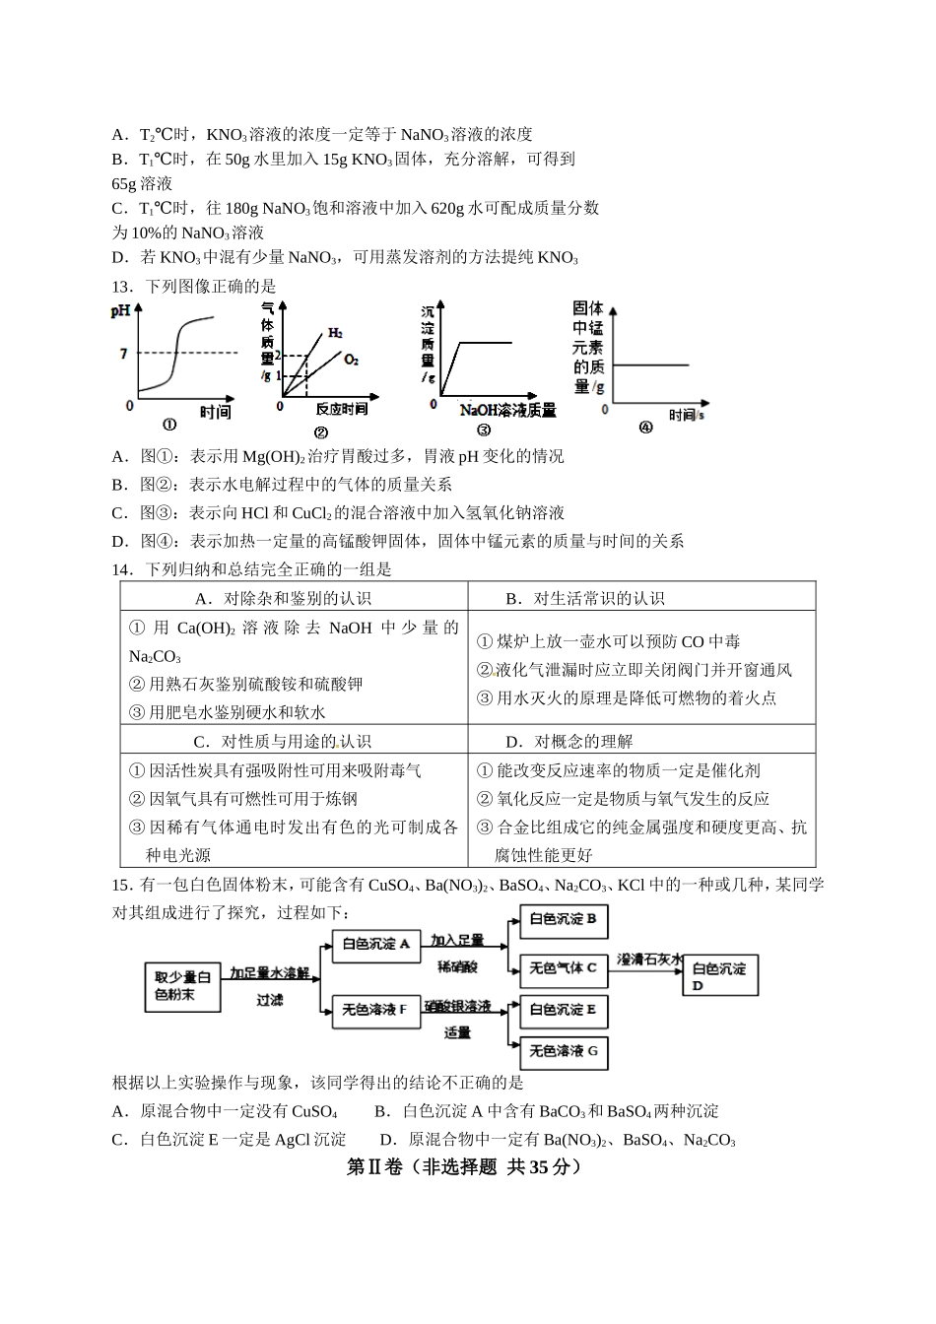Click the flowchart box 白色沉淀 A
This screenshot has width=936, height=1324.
tap(375, 944)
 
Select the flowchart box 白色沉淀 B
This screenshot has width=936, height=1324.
tap(563, 920)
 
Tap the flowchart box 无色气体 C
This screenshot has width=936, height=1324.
tap(563, 968)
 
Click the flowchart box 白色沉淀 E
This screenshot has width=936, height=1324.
tap(563, 1010)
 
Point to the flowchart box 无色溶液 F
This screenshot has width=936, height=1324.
tap(375, 1010)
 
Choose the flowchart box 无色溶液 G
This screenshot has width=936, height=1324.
tap(563, 1052)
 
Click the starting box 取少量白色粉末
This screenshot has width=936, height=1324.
tap(182, 986)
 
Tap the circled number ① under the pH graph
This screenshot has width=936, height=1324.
tap(169, 426)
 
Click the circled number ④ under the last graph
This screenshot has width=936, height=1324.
tap(645, 428)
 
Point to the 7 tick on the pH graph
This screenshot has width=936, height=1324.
tap(123, 353)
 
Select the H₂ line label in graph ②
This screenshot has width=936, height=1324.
tap(335, 333)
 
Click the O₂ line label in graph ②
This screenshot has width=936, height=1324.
tap(351, 361)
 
